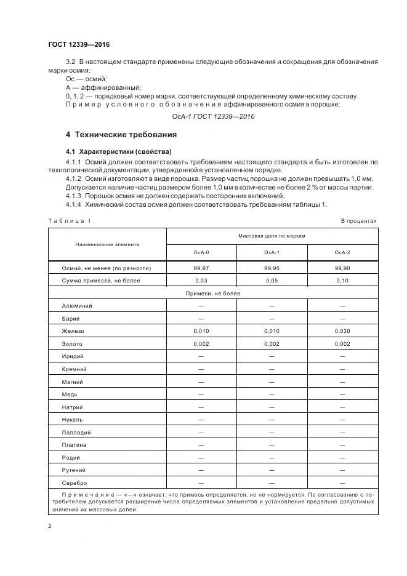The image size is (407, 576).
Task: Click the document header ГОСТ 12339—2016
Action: [x=78, y=44]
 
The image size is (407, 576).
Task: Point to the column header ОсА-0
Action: [x=201, y=252]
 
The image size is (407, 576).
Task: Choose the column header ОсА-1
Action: [x=272, y=252]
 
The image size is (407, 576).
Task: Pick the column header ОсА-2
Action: [x=342, y=252]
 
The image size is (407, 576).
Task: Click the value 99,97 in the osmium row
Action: [x=201, y=268]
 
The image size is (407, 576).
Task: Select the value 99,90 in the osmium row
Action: [x=342, y=268]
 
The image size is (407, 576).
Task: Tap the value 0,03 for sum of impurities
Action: [x=201, y=281]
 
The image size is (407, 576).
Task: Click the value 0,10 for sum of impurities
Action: [x=342, y=281]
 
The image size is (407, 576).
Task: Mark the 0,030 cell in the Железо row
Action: [x=342, y=331]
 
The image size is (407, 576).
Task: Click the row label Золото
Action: [x=72, y=343]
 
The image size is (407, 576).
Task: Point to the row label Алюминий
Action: [x=76, y=306]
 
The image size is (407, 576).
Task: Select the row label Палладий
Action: [x=76, y=432]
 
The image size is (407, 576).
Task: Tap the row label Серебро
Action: [x=75, y=482]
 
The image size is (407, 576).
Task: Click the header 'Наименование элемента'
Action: [x=107, y=244]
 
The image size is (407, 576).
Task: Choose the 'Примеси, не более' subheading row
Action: [x=213, y=293]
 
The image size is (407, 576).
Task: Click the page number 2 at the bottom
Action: [x=49, y=526]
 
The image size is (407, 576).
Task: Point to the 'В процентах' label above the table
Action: [x=358, y=220]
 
